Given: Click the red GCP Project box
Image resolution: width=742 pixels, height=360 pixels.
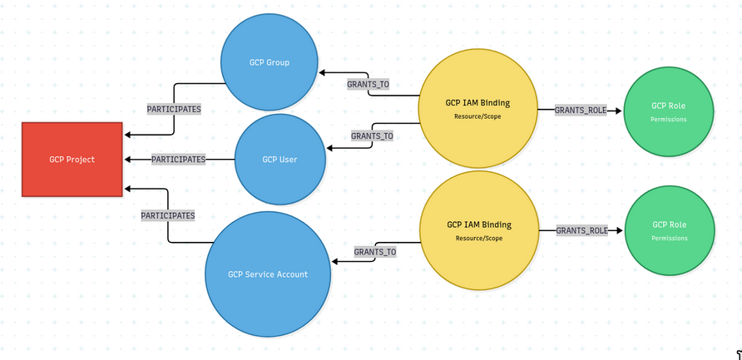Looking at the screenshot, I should tap(72, 160).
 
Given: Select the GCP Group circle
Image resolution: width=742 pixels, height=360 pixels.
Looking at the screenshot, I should tap(269, 62).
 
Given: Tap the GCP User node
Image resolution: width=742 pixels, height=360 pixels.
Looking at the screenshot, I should tap(279, 160).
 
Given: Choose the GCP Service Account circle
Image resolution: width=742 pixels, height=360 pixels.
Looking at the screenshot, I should tap(268, 274).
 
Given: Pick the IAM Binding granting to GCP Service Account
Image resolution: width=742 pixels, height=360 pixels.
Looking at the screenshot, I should tap(478, 230).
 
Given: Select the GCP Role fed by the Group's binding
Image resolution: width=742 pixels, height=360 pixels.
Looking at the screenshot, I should tap(669, 111).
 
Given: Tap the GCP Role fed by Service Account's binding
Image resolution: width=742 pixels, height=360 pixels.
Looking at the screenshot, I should tap(669, 229).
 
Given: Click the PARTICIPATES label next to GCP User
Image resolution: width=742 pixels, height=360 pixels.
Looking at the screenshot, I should tap(178, 159).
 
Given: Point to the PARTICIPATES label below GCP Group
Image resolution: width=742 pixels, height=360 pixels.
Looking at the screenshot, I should tap(174, 109).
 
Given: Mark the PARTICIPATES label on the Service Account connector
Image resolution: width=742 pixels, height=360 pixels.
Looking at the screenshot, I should tap(168, 215).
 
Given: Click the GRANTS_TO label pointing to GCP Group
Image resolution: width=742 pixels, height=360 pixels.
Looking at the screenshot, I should tap(368, 84).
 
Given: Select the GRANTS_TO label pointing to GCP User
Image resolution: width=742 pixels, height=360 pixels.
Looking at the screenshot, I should tap(372, 136).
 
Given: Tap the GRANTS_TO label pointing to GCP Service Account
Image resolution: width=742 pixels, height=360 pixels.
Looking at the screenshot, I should tap(374, 251).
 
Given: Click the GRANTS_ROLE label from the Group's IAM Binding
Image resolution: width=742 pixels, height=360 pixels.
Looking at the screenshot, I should tap(581, 110).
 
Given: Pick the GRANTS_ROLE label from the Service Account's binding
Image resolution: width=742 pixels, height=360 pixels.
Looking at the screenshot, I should tap(581, 230).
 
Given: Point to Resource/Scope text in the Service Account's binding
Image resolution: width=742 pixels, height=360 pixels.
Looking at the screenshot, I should tap(478, 239).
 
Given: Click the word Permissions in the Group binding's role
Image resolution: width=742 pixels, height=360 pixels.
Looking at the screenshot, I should tap(669, 120).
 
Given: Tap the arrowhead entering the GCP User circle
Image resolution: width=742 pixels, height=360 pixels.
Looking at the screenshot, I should tap(330, 149).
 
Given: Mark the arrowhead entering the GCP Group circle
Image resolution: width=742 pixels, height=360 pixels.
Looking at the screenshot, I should tap(322, 72).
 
